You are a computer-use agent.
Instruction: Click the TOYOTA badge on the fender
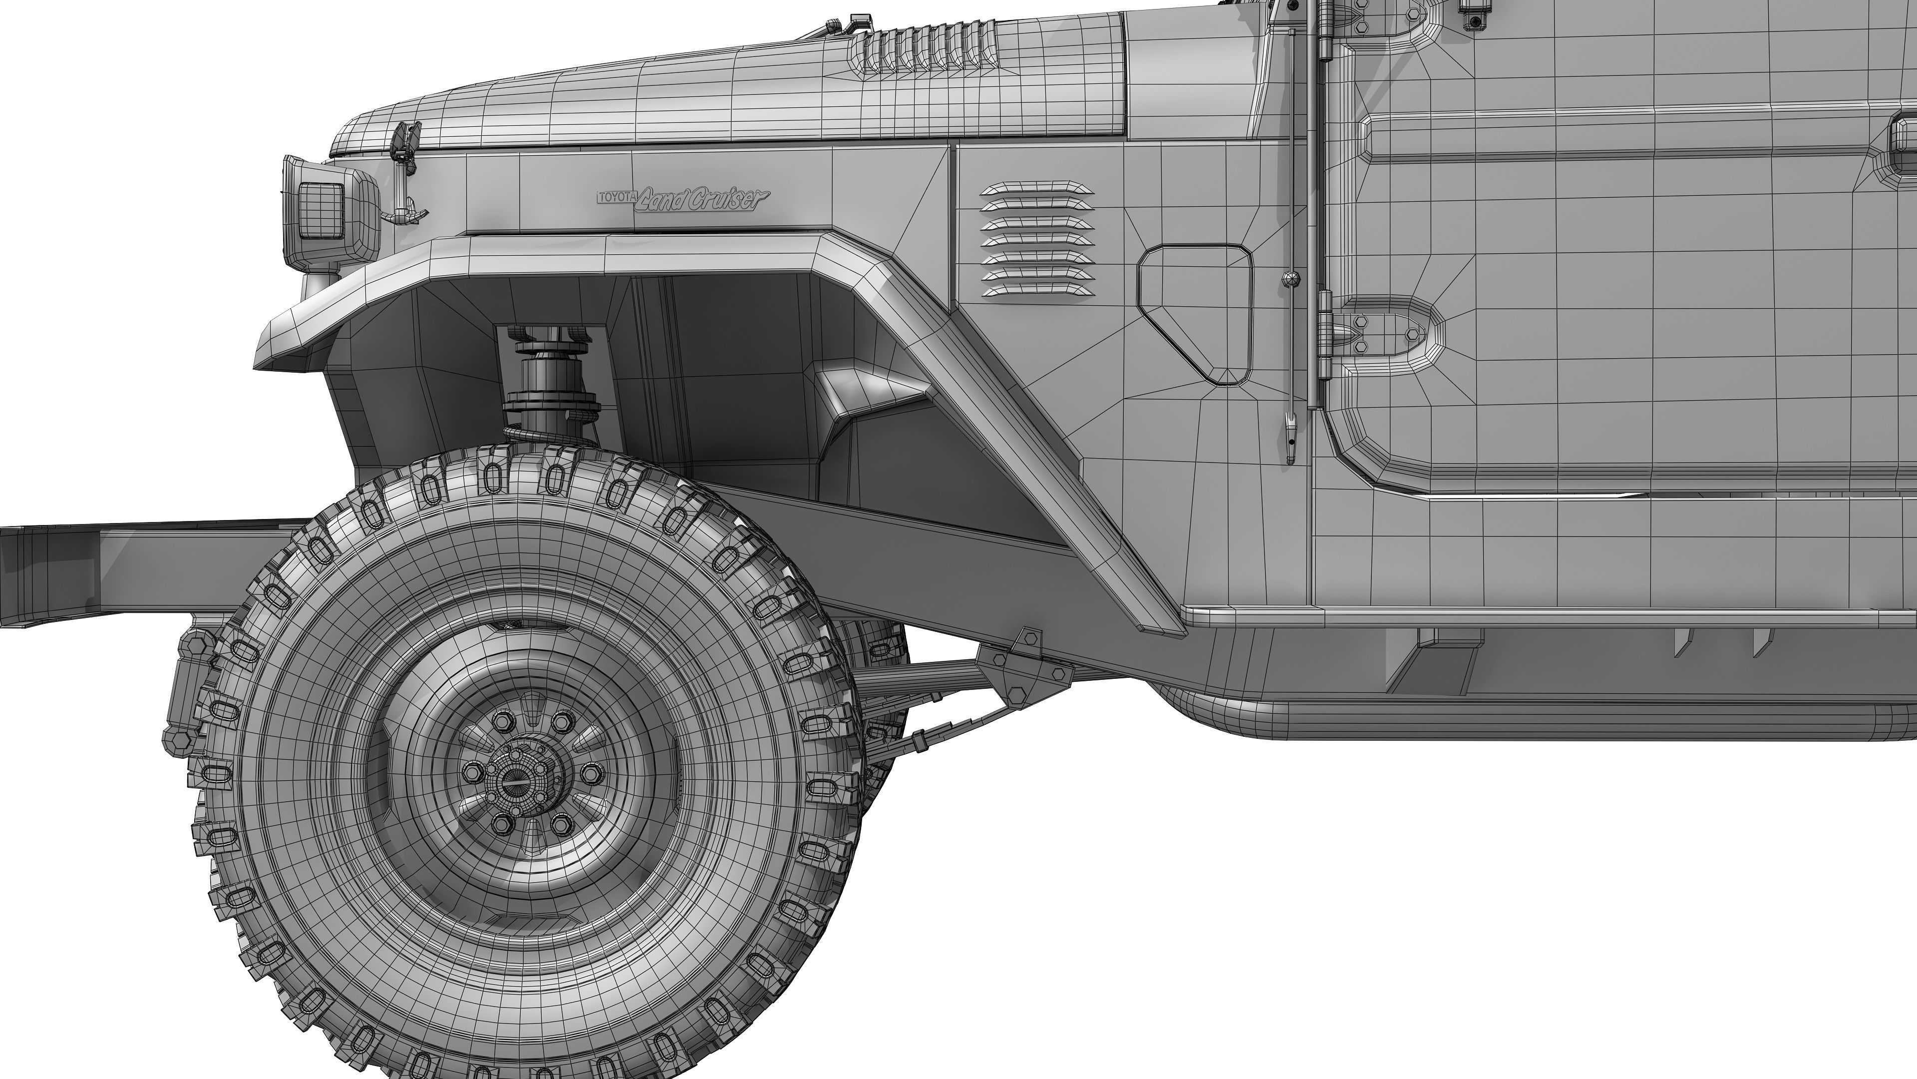616,197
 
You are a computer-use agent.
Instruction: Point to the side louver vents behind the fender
1037,240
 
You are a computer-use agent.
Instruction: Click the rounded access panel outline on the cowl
1195,314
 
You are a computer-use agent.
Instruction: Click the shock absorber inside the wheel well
551,380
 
